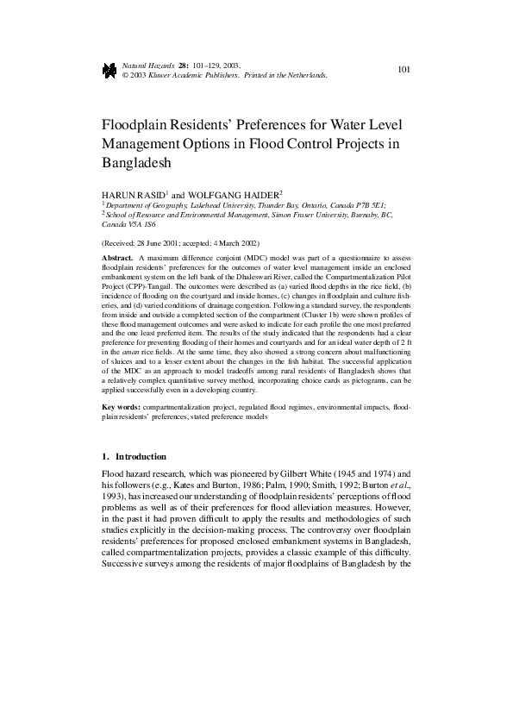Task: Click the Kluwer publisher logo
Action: click(x=109, y=71)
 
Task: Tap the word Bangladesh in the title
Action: click(x=137, y=162)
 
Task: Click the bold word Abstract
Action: click(x=117, y=258)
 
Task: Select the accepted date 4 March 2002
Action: click(x=249, y=244)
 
